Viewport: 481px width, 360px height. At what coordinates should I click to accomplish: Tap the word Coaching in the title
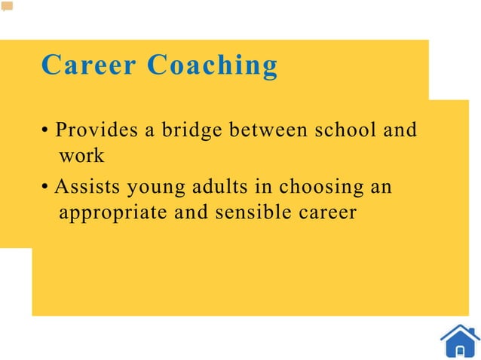212,66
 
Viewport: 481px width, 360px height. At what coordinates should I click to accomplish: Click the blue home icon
459,340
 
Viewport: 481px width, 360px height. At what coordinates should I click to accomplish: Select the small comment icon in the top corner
7,7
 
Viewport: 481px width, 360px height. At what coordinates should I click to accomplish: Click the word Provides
96,130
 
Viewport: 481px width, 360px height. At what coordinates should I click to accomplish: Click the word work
81,157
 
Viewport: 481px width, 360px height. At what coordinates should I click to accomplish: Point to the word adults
219,185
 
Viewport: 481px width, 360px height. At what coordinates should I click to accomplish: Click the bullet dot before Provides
46,131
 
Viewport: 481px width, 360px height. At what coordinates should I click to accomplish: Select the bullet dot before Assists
46,186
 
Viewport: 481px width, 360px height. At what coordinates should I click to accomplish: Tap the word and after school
400,130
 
